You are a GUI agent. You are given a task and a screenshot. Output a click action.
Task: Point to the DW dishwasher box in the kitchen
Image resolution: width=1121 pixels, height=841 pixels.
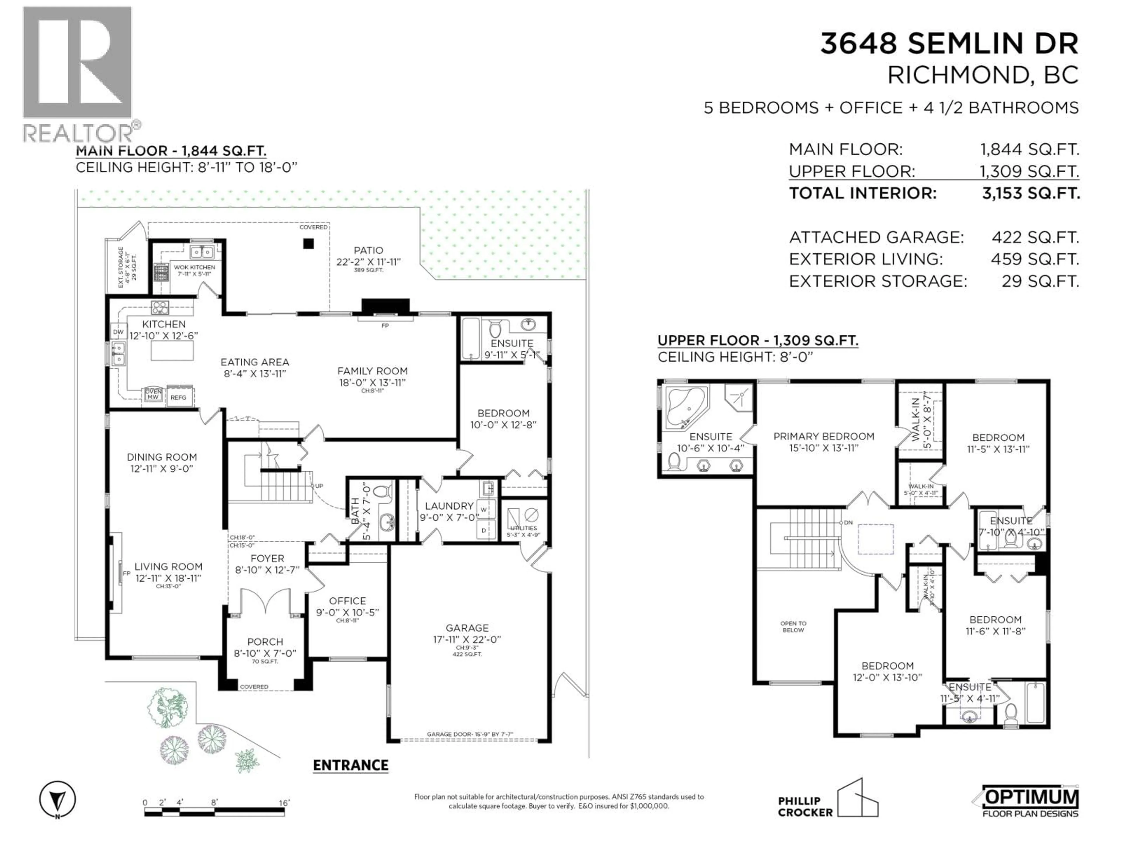tap(118, 332)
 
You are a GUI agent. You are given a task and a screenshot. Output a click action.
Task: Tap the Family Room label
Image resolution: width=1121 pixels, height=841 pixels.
tap(372, 371)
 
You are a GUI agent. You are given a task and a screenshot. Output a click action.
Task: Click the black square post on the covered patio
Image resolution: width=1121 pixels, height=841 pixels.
tap(308, 244)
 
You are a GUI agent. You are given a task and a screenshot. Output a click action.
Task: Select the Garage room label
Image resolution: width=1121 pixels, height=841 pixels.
tap(467, 628)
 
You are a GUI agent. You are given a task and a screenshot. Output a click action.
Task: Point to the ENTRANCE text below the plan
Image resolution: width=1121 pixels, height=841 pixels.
tap(350, 765)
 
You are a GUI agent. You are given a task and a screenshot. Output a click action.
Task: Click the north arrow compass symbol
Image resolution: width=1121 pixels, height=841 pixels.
tap(58, 800)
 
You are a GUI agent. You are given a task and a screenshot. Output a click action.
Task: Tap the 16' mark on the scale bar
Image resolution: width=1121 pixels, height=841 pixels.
tap(284, 803)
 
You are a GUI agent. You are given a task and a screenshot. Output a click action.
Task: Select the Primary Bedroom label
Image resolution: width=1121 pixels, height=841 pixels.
tap(824, 437)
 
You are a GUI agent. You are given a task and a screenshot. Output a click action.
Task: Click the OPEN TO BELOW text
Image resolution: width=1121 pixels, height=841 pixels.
tap(793, 627)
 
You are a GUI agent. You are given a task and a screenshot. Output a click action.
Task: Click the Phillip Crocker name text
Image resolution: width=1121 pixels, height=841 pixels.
tap(805, 807)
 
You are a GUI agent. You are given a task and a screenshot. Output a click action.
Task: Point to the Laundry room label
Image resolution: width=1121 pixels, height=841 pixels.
tap(449, 506)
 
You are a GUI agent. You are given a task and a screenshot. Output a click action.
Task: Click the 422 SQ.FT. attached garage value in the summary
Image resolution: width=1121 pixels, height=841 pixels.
tap(1035, 237)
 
